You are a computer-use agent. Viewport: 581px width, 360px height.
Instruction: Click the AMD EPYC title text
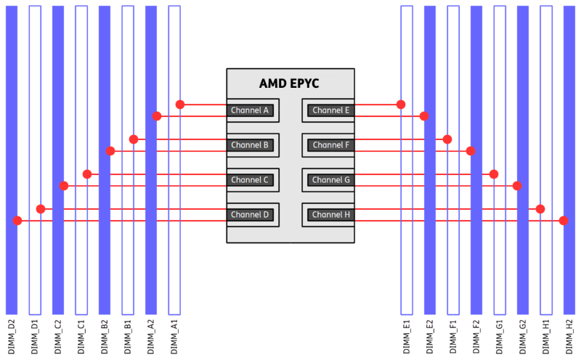point(289,83)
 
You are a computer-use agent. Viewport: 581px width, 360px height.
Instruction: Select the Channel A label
point(250,110)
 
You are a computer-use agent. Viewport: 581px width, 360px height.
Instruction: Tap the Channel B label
point(250,145)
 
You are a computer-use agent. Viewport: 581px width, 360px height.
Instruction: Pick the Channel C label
point(250,180)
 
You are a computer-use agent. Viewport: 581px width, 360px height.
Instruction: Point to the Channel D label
point(250,215)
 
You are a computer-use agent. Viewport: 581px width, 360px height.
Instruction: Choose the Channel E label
point(330,110)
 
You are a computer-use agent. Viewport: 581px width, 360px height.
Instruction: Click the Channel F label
point(330,145)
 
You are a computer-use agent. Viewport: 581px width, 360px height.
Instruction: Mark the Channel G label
point(330,180)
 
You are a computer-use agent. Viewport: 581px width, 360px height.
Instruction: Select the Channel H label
point(330,215)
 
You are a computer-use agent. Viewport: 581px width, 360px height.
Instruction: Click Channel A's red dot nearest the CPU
point(180,105)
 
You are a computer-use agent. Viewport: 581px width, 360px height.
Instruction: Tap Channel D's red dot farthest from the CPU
point(18,221)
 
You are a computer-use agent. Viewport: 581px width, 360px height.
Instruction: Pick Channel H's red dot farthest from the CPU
point(563,221)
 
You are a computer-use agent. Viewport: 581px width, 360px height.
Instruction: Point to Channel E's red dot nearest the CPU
point(400,105)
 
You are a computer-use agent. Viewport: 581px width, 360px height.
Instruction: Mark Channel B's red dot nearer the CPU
point(134,139)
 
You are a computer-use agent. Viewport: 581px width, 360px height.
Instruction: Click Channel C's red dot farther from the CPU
point(65,186)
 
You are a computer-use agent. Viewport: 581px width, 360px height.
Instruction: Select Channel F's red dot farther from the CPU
point(470,151)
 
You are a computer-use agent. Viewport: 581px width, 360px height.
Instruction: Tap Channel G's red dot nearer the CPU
point(494,174)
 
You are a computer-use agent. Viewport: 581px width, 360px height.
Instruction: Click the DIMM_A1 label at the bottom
point(174,336)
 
